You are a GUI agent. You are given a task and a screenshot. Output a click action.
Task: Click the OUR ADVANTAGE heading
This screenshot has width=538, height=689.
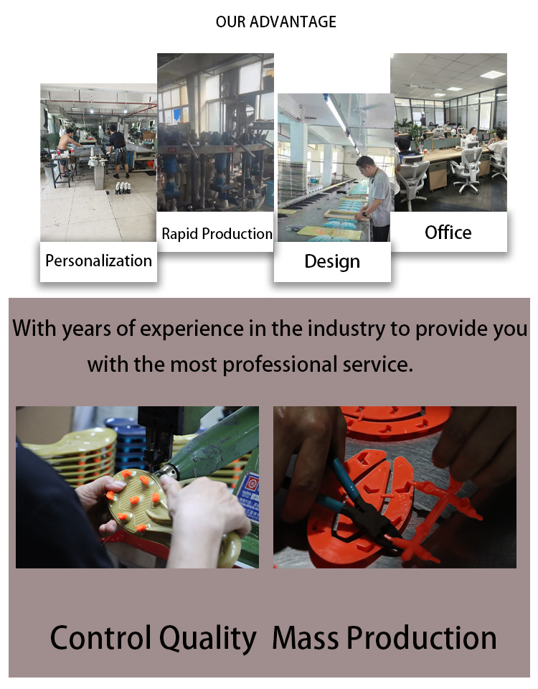coord(275,22)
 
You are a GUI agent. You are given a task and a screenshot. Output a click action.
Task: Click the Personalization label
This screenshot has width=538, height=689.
coord(98,261)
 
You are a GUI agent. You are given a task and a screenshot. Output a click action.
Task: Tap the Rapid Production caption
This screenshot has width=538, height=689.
coord(217,234)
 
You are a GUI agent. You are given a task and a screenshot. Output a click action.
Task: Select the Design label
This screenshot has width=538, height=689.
coord(332,261)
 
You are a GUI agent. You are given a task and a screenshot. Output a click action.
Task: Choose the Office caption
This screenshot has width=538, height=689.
coord(448,233)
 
